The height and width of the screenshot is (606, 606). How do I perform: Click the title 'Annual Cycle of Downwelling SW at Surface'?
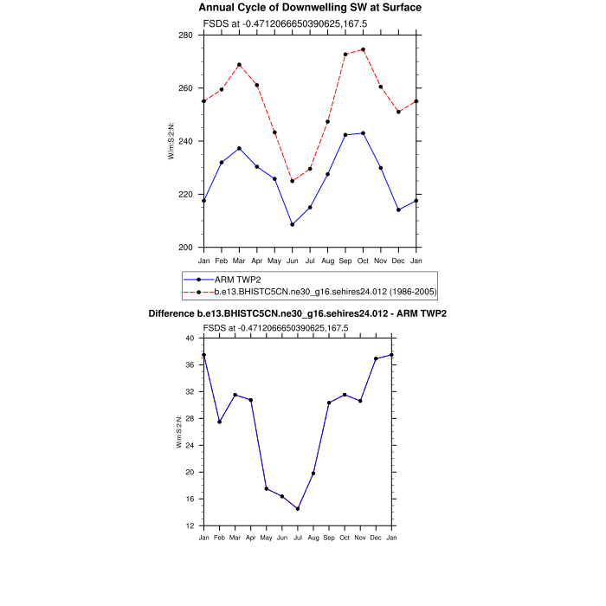[311, 8]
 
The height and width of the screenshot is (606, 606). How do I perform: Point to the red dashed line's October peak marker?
[363, 49]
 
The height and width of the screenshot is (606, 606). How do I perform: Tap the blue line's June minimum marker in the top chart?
[293, 224]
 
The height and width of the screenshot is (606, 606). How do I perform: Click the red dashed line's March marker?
[239, 65]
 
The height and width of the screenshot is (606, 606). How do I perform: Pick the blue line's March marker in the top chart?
[239, 149]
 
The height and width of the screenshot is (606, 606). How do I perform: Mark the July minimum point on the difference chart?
[298, 508]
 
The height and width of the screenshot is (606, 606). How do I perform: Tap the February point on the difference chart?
[220, 422]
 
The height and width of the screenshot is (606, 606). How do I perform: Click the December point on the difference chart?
[376, 358]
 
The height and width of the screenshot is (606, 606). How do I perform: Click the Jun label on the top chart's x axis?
[293, 260]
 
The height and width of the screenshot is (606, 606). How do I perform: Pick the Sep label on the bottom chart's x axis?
[329, 538]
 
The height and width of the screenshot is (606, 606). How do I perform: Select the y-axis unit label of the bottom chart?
[179, 431]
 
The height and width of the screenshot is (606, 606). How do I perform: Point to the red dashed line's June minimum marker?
[293, 181]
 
